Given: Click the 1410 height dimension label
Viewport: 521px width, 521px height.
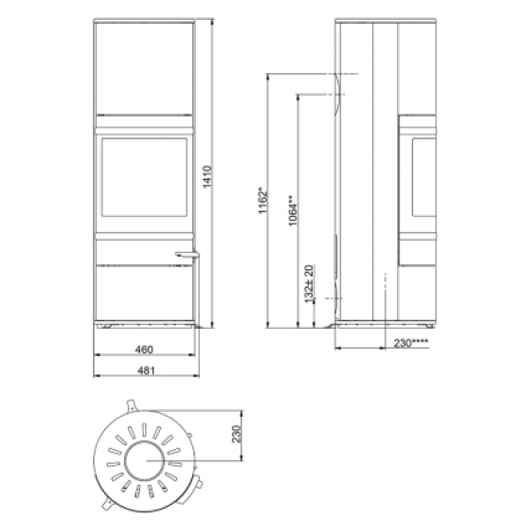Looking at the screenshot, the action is (207, 176).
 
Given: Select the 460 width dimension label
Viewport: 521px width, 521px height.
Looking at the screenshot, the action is (144, 350).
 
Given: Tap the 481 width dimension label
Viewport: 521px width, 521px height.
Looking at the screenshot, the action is (146, 370).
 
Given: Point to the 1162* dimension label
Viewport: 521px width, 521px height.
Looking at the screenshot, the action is (262, 201).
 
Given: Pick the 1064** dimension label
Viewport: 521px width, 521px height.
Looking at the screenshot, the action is (293, 210).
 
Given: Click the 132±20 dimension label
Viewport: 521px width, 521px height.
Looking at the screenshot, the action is (309, 284).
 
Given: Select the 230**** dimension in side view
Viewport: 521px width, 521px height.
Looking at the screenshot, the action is (411, 343).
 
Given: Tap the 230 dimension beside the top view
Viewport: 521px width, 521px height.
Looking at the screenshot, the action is (236, 434).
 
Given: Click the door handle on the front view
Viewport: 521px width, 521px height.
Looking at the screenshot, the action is (187, 255).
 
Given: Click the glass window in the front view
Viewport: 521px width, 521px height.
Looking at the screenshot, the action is (144, 177).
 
